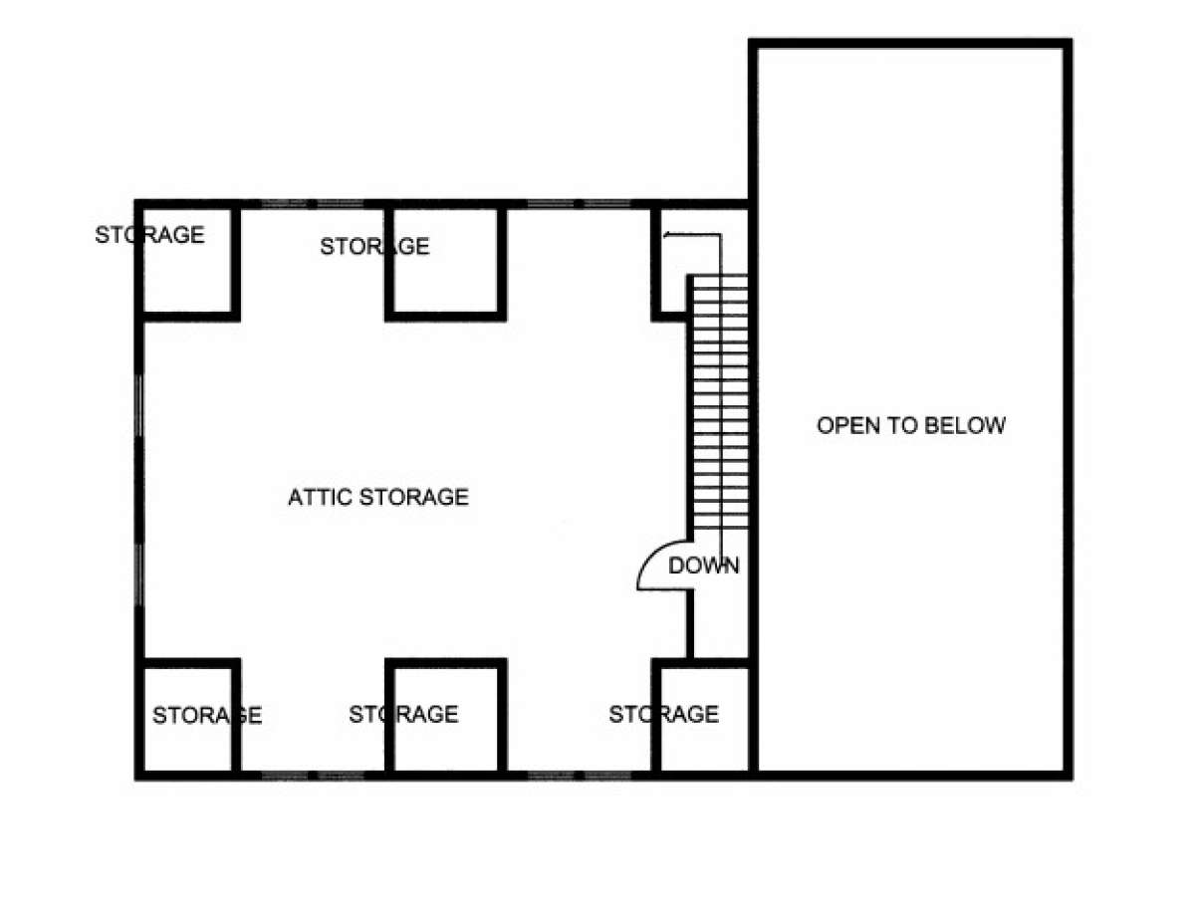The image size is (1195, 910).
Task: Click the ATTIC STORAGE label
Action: [377, 497]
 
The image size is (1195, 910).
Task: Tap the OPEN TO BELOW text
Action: [911, 425]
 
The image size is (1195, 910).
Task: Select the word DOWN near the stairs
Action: [703, 567]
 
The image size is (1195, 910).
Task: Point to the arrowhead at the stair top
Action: [665, 235]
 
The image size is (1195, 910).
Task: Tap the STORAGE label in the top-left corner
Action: [149, 235]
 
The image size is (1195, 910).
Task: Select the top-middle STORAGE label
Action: [374, 247]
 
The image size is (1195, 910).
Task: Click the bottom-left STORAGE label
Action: [207, 715]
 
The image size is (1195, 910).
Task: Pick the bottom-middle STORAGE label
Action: [403, 714]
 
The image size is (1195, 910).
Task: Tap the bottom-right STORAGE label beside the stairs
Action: [663, 714]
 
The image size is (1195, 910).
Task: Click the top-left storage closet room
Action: [188, 261]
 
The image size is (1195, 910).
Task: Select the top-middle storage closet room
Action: [445, 261]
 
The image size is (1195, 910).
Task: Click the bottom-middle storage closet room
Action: [445, 719]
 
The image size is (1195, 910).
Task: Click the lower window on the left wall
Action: [139, 574]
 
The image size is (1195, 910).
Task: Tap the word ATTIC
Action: [320, 497]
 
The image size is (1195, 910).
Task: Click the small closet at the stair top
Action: [673, 261]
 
